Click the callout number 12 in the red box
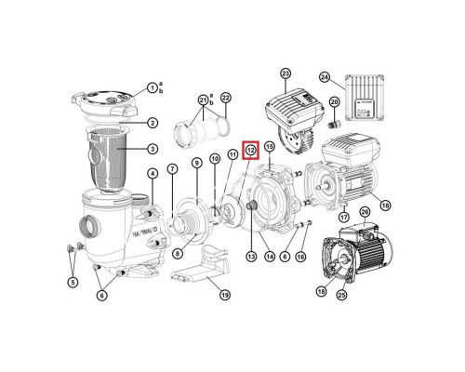pyautogui.click(x=250, y=149)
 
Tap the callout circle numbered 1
pyautogui.click(x=153, y=87)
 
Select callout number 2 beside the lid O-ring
pyautogui.click(x=153, y=122)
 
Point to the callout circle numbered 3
pyautogui.click(x=153, y=147)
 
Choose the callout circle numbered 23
pyautogui.click(x=286, y=73)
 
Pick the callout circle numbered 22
pyautogui.click(x=226, y=97)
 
